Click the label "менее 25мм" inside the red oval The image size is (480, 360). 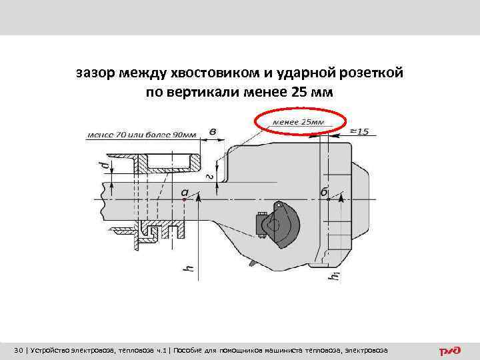pos(299,123)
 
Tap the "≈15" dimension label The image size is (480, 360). pos(358,131)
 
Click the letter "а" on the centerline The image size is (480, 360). pos(185,192)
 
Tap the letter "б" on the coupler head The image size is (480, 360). pos(324,192)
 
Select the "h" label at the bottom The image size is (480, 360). pos(189,269)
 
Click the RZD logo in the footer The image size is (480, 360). pos(450,351)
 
